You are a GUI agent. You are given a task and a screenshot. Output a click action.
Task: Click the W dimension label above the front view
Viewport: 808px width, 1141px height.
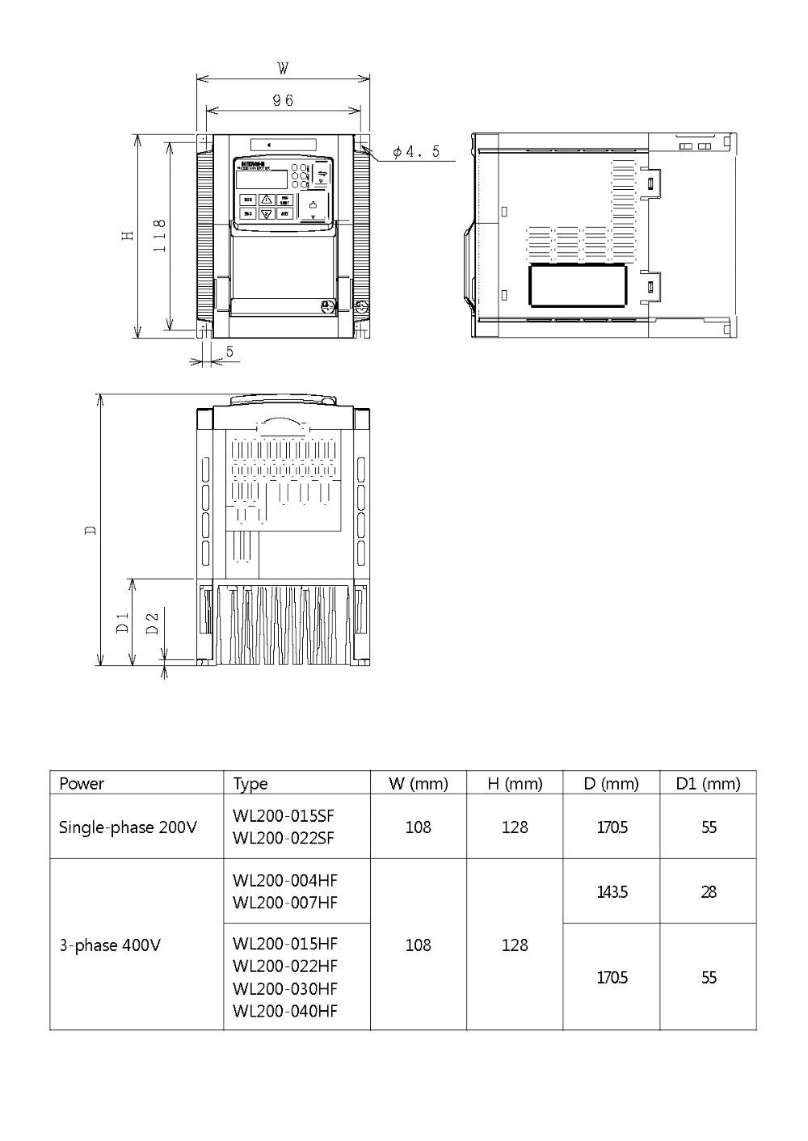283,69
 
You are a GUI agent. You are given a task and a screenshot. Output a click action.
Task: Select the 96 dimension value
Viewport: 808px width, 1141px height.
283,100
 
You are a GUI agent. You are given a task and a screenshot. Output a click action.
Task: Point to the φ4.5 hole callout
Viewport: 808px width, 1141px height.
416,152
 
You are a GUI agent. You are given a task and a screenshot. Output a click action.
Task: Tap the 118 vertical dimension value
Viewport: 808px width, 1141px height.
160,236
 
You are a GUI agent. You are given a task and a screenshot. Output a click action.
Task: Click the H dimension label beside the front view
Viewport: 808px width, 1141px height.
127,235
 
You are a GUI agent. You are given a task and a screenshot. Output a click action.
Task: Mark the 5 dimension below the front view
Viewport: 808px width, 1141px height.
229,352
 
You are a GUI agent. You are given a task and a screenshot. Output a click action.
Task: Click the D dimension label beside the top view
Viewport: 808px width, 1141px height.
90,530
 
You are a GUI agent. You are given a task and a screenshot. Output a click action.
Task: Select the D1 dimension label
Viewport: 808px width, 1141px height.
122,622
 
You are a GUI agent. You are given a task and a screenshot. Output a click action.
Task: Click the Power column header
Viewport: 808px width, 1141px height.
82,783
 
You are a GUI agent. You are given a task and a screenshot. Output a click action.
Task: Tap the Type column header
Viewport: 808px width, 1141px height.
250,783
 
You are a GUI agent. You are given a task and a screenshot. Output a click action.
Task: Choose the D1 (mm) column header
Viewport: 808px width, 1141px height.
708,783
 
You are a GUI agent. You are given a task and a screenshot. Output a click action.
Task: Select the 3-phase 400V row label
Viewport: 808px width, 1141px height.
110,945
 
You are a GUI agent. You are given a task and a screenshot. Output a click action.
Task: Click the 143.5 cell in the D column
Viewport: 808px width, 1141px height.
612,892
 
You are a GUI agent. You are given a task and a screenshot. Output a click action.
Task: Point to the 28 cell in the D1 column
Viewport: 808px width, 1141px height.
709,892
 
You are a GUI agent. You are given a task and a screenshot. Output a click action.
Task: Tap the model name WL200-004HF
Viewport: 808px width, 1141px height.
284,880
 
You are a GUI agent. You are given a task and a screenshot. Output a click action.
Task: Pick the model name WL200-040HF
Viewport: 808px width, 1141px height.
284,1011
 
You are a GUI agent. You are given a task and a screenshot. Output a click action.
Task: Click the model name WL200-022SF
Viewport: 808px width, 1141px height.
283,838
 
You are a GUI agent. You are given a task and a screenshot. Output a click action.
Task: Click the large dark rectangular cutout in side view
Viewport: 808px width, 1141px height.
578,287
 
